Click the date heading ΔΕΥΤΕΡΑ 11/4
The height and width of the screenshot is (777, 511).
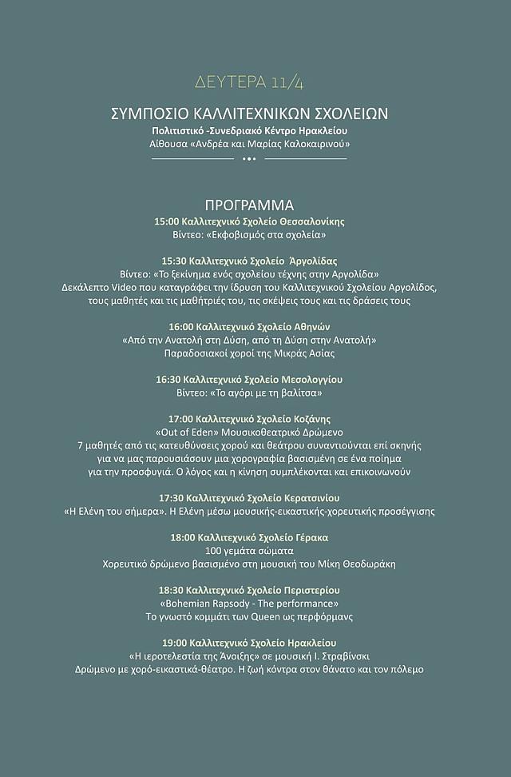pos(248,82)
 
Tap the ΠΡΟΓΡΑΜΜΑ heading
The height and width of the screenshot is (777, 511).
pos(249,205)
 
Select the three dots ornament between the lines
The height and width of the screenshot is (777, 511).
pos(249,159)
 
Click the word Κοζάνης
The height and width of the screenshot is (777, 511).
pos(312,419)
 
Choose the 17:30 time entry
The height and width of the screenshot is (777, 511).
pos(172,497)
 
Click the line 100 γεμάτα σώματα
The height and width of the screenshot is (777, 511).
pos(249,551)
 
